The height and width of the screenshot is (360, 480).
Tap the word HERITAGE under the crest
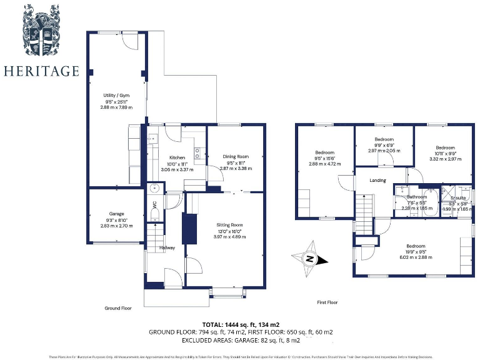[x=41, y=71]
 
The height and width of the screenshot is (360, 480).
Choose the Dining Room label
[x=236, y=157]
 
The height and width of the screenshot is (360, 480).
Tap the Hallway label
[x=167, y=248]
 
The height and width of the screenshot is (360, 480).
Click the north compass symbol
[x=309, y=259]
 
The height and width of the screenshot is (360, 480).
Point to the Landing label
[x=377, y=181]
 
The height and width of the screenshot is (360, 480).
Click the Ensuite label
[x=458, y=197]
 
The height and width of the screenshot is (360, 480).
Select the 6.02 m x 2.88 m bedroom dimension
[x=416, y=257]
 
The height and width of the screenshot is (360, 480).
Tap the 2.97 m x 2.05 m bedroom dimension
[x=384, y=151]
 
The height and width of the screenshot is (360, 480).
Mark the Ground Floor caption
[x=117, y=308]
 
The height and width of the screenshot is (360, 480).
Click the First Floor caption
[x=327, y=302]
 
